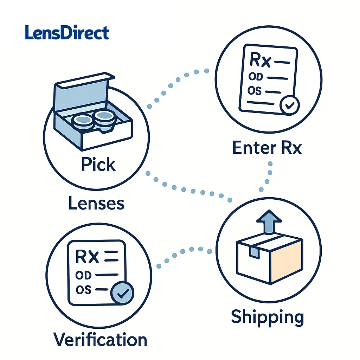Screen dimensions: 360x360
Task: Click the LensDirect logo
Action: point(67,33)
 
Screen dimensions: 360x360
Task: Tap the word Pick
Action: point(98,165)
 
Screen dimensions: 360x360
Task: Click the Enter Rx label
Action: point(267,148)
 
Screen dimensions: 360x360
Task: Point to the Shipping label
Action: point(267,317)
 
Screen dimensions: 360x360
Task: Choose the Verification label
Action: point(100,340)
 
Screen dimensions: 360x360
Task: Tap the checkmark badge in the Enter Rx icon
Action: point(289,105)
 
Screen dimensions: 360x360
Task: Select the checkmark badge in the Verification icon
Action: point(122,294)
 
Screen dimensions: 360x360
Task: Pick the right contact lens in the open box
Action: point(105,117)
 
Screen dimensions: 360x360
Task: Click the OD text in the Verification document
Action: point(83,275)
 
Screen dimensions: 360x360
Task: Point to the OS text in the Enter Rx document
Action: point(255,91)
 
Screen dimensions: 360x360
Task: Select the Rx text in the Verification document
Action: point(87,257)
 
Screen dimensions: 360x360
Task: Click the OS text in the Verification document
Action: point(83,290)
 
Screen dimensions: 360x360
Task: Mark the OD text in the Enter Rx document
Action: point(255,76)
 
